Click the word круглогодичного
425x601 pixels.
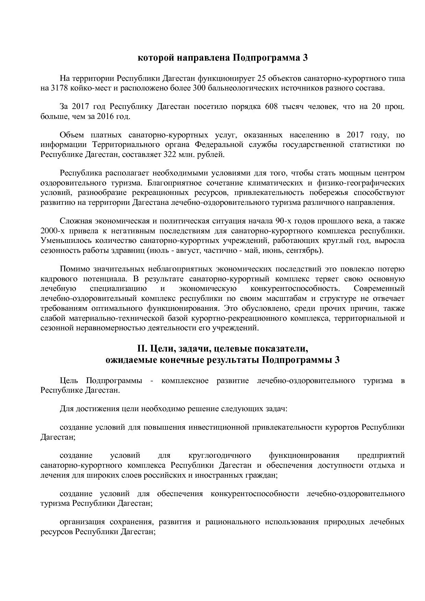click(220, 455)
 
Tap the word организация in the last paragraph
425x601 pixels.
click(82, 522)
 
